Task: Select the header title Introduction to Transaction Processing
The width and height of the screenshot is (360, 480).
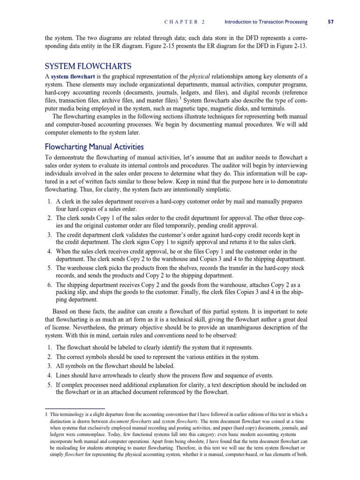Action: coord(266,22)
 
